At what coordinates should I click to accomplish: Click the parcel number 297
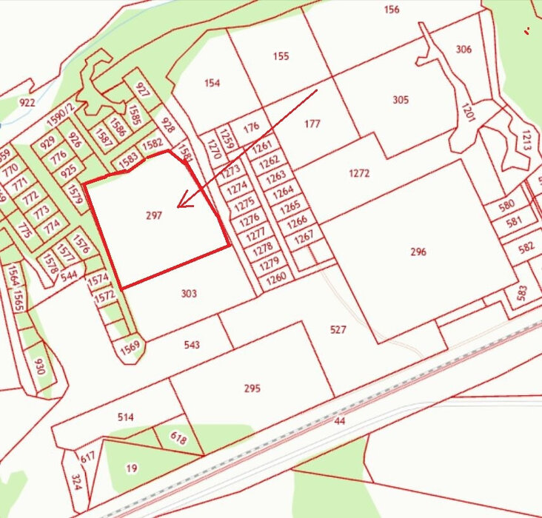click(x=154, y=215)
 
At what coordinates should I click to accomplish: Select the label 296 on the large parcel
click(x=418, y=252)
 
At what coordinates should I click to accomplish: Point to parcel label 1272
click(x=359, y=174)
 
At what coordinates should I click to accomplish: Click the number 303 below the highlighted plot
click(x=189, y=294)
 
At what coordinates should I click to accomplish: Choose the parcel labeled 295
click(x=252, y=388)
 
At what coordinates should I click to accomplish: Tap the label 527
click(x=338, y=330)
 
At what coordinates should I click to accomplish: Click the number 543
click(x=191, y=345)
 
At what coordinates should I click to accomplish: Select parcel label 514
click(x=126, y=417)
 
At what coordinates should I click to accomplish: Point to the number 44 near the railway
click(x=340, y=420)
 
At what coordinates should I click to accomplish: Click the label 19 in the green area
click(x=132, y=468)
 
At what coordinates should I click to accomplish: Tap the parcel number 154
click(x=212, y=83)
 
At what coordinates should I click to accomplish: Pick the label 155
click(x=281, y=56)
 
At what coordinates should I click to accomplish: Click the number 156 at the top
click(x=392, y=10)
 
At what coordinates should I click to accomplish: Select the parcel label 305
click(x=401, y=100)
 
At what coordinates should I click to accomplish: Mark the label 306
click(x=464, y=50)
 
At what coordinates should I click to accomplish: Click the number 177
click(x=312, y=124)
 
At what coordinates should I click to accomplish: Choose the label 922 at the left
click(x=27, y=103)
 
